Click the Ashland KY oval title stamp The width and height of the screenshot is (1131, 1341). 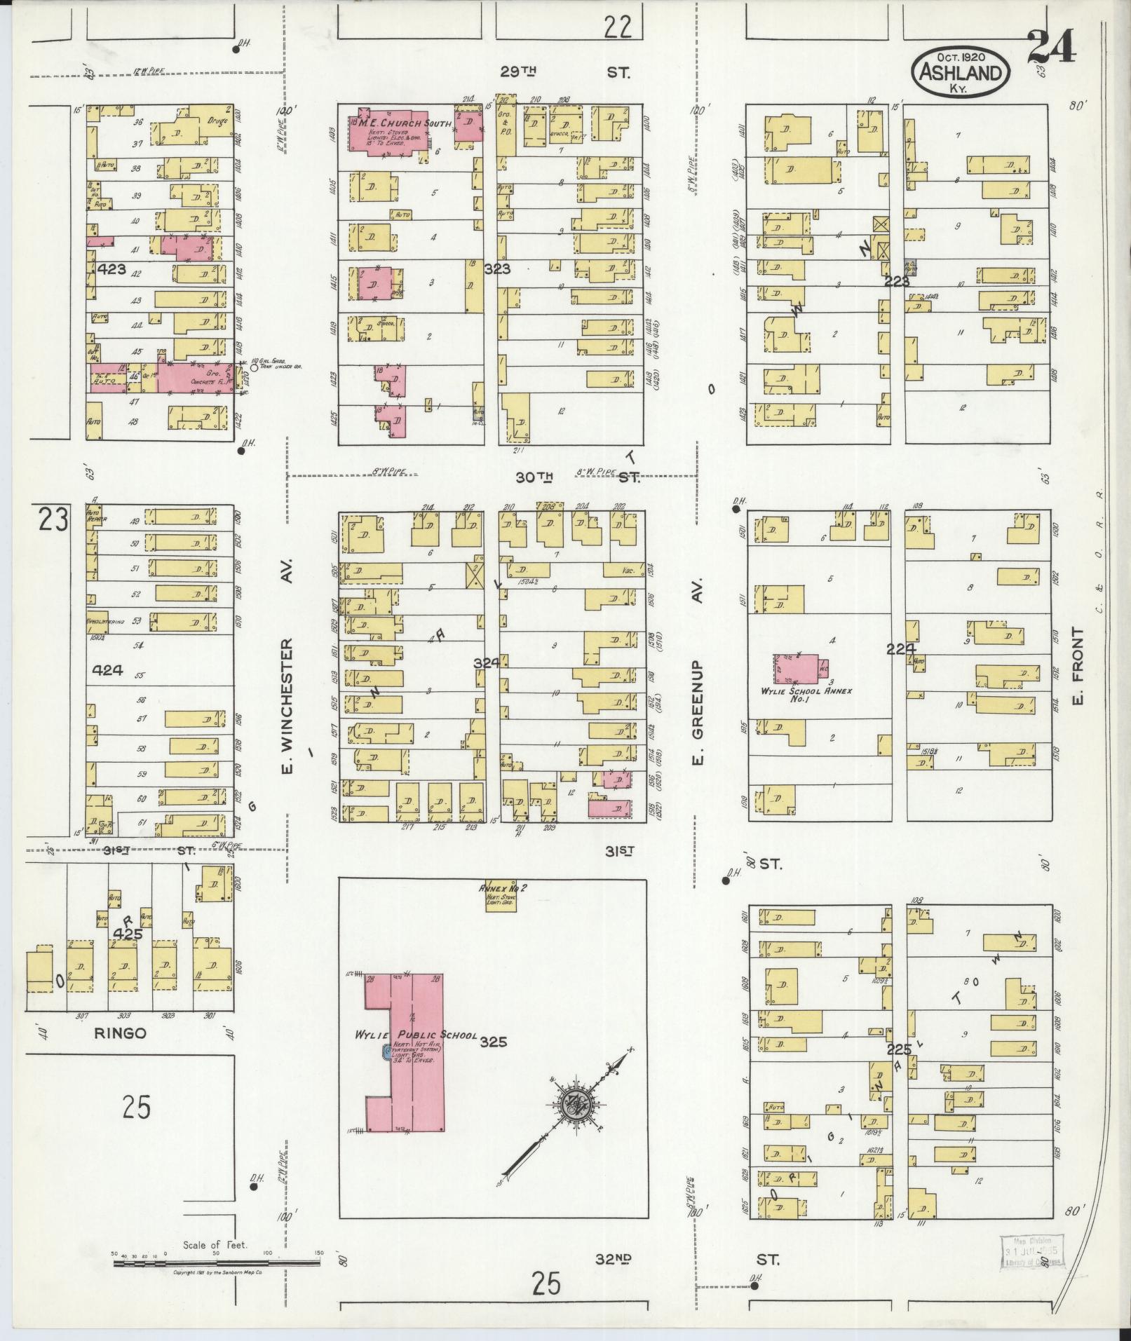pos(961,72)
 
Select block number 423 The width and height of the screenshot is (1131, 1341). pos(112,268)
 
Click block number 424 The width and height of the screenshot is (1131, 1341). pos(108,670)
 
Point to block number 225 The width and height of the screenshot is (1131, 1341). pos(899,1049)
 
